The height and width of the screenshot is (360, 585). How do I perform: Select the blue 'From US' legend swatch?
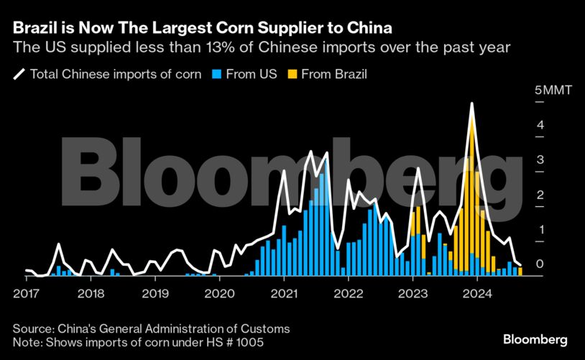215,74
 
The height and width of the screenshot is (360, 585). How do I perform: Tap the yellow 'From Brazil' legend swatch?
292,74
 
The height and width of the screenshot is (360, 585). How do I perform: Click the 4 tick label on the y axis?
539,126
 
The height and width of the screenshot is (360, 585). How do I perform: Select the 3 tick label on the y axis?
539,160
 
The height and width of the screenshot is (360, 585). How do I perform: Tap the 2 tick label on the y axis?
539,195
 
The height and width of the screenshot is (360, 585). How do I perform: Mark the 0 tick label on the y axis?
539,264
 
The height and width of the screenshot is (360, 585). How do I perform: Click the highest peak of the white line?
471,103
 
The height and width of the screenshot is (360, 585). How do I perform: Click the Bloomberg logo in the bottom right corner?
535,338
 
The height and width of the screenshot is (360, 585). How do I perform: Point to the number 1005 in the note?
247,343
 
